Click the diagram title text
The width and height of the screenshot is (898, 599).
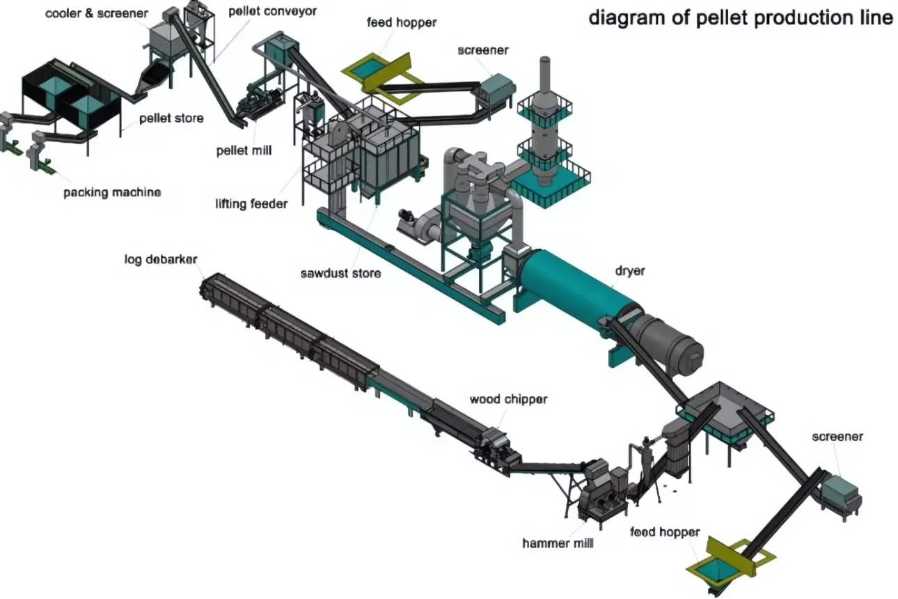pyautogui.click(x=741, y=18)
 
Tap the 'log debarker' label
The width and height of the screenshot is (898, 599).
pyautogui.click(x=161, y=260)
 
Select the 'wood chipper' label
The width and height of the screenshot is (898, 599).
pyautogui.click(x=508, y=399)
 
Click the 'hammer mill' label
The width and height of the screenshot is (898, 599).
pyautogui.click(x=558, y=543)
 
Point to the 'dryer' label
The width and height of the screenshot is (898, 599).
pyautogui.click(x=629, y=270)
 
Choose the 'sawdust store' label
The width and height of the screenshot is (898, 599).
pyautogui.click(x=340, y=273)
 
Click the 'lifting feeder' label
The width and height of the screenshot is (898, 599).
pyautogui.click(x=251, y=204)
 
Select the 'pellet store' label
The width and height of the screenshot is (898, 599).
pyautogui.click(x=171, y=118)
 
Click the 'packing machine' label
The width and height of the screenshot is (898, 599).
pyautogui.click(x=112, y=192)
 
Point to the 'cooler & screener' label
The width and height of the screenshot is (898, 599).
pyautogui.click(x=97, y=13)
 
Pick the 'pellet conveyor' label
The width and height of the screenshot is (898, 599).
pyautogui.click(x=262, y=11)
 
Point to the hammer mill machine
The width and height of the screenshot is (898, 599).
pyautogui.click(x=600, y=488)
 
